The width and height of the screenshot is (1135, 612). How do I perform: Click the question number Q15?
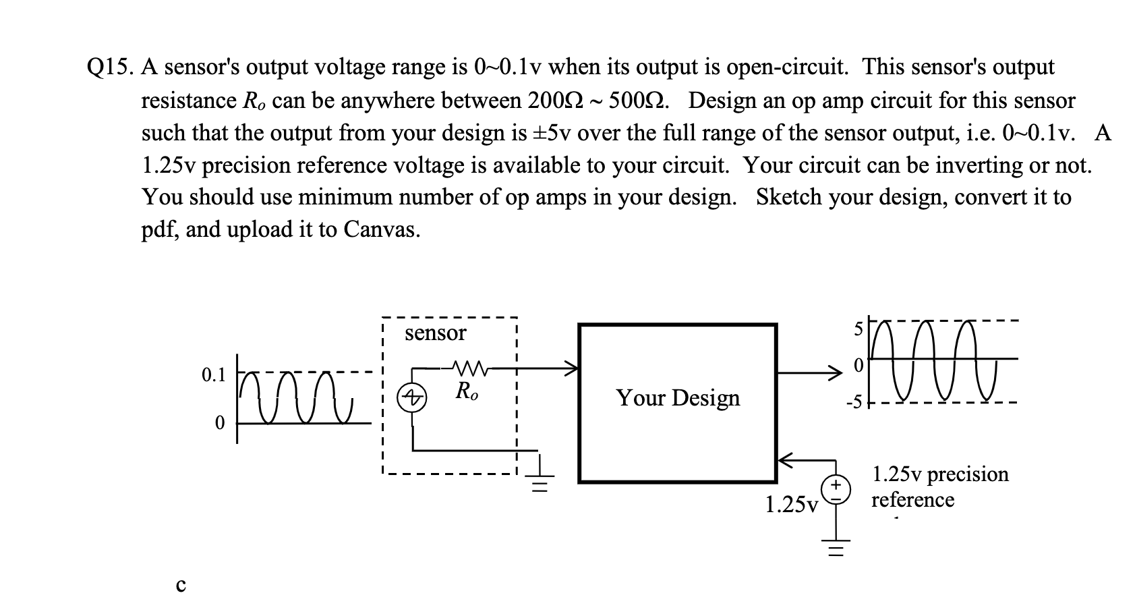pyautogui.click(x=111, y=68)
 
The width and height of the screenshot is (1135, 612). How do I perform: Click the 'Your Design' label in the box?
pyautogui.click(x=677, y=397)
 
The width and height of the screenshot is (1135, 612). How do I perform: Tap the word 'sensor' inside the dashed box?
pyautogui.click(x=435, y=333)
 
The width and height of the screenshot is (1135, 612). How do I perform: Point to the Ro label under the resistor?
pyautogui.click(x=467, y=391)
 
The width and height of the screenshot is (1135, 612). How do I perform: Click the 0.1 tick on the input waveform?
pyautogui.click(x=213, y=375)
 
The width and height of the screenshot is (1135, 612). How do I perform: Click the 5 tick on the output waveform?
pyautogui.click(x=858, y=331)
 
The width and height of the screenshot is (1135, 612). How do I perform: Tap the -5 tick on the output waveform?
pyautogui.click(x=854, y=404)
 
